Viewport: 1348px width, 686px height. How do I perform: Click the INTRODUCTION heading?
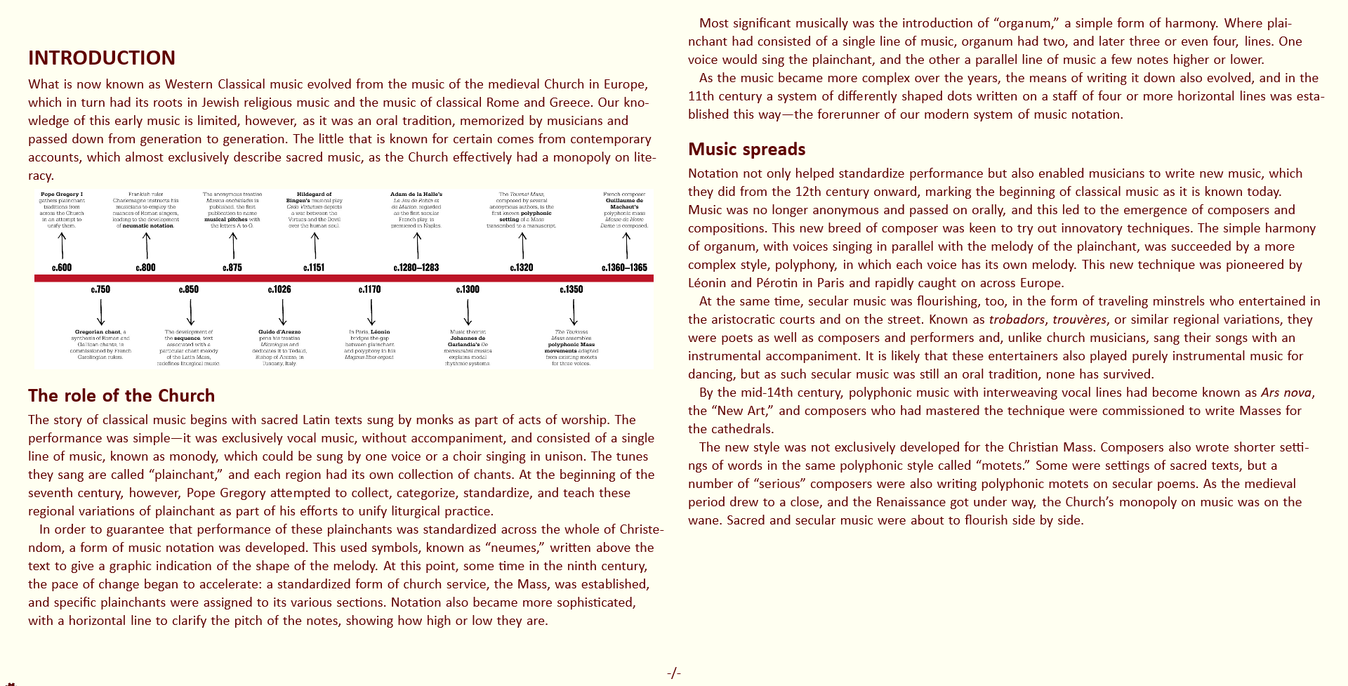102,58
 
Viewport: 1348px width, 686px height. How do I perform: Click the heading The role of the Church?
121,395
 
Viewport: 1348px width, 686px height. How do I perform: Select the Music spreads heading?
746,149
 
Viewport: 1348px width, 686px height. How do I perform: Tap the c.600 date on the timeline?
62,268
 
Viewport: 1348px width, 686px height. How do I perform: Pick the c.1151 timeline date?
314,268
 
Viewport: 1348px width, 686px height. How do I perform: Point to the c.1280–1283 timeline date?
416,268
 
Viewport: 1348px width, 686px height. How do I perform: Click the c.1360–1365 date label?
624,268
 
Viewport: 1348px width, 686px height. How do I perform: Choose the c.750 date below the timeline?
100,289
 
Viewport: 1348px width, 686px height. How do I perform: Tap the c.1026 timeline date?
279,289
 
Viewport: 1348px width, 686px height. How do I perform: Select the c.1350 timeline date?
571,289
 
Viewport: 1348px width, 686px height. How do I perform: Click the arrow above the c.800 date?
146,246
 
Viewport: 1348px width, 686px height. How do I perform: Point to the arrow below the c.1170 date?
371,312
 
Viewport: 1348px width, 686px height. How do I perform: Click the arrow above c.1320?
522,246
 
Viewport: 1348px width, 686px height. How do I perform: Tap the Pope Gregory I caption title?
62,194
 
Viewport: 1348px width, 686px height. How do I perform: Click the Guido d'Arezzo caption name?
279,331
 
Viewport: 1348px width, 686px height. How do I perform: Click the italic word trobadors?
1017,319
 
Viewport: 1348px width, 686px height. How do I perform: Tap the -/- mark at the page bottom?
674,673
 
